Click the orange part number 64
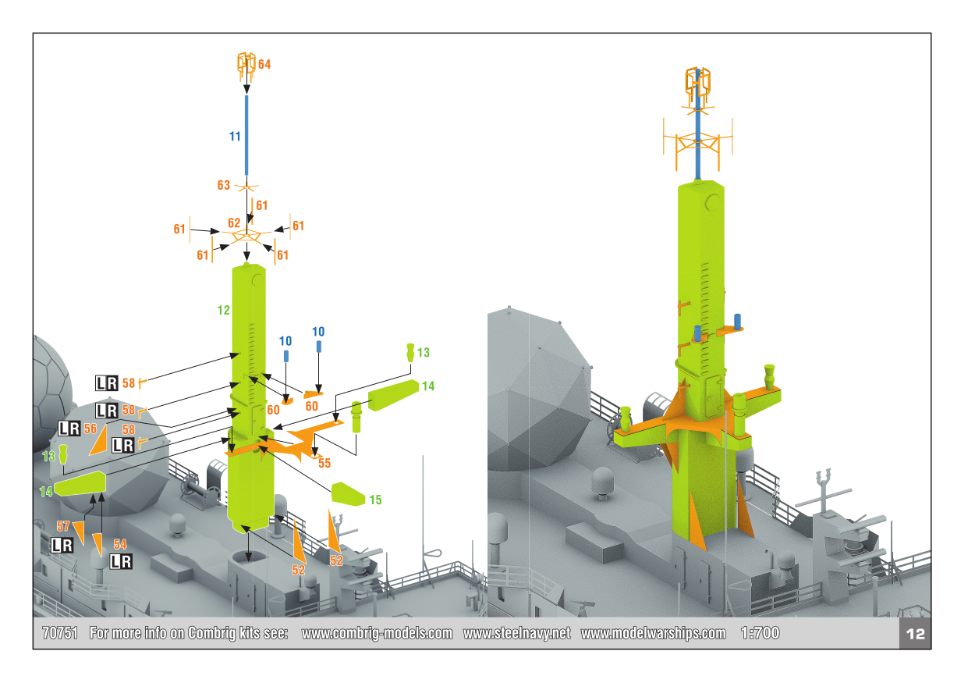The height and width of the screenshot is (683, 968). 264,65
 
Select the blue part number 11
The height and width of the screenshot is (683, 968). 235,137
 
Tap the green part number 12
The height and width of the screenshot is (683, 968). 223,310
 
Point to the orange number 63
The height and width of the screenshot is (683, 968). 223,185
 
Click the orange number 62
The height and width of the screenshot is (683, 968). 234,222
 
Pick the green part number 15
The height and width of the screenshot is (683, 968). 375,500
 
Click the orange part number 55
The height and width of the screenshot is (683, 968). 324,463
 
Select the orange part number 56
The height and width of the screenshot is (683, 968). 90,429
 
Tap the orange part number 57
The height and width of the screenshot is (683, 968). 63,526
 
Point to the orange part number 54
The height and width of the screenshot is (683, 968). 120,544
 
